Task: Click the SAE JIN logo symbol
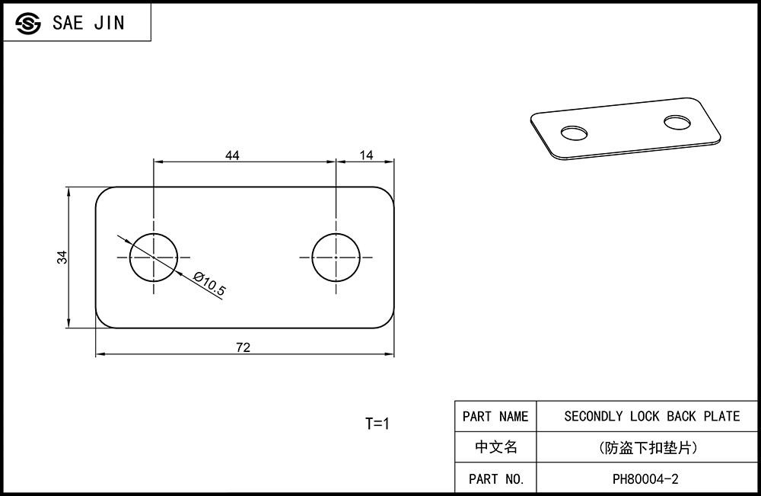pyautogui.click(x=27, y=23)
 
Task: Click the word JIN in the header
pyautogui.click(x=109, y=23)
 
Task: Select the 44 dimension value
pyautogui.click(x=232, y=155)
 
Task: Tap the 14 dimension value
pyautogui.click(x=367, y=155)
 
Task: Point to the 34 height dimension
pyautogui.click(x=62, y=258)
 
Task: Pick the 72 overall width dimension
pyautogui.click(x=244, y=347)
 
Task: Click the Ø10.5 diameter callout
pyautogui.click(x=210, y=283)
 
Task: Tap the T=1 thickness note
pyautogui.click(x=377, y=424)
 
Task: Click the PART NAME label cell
pyautogui.click(x=495, y=416)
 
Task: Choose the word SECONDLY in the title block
pyautogui.click(x=593, y=416)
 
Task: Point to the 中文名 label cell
pyautogui.click(x=495, y=447)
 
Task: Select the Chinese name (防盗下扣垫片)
pyautogui.click(x=648, y=447)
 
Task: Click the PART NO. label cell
pyautogui.click(x=495, y=478)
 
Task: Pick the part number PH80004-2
pyautogui.click(x=645, y=479)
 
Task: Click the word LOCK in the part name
pyautogui.click(x=645, y=416)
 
